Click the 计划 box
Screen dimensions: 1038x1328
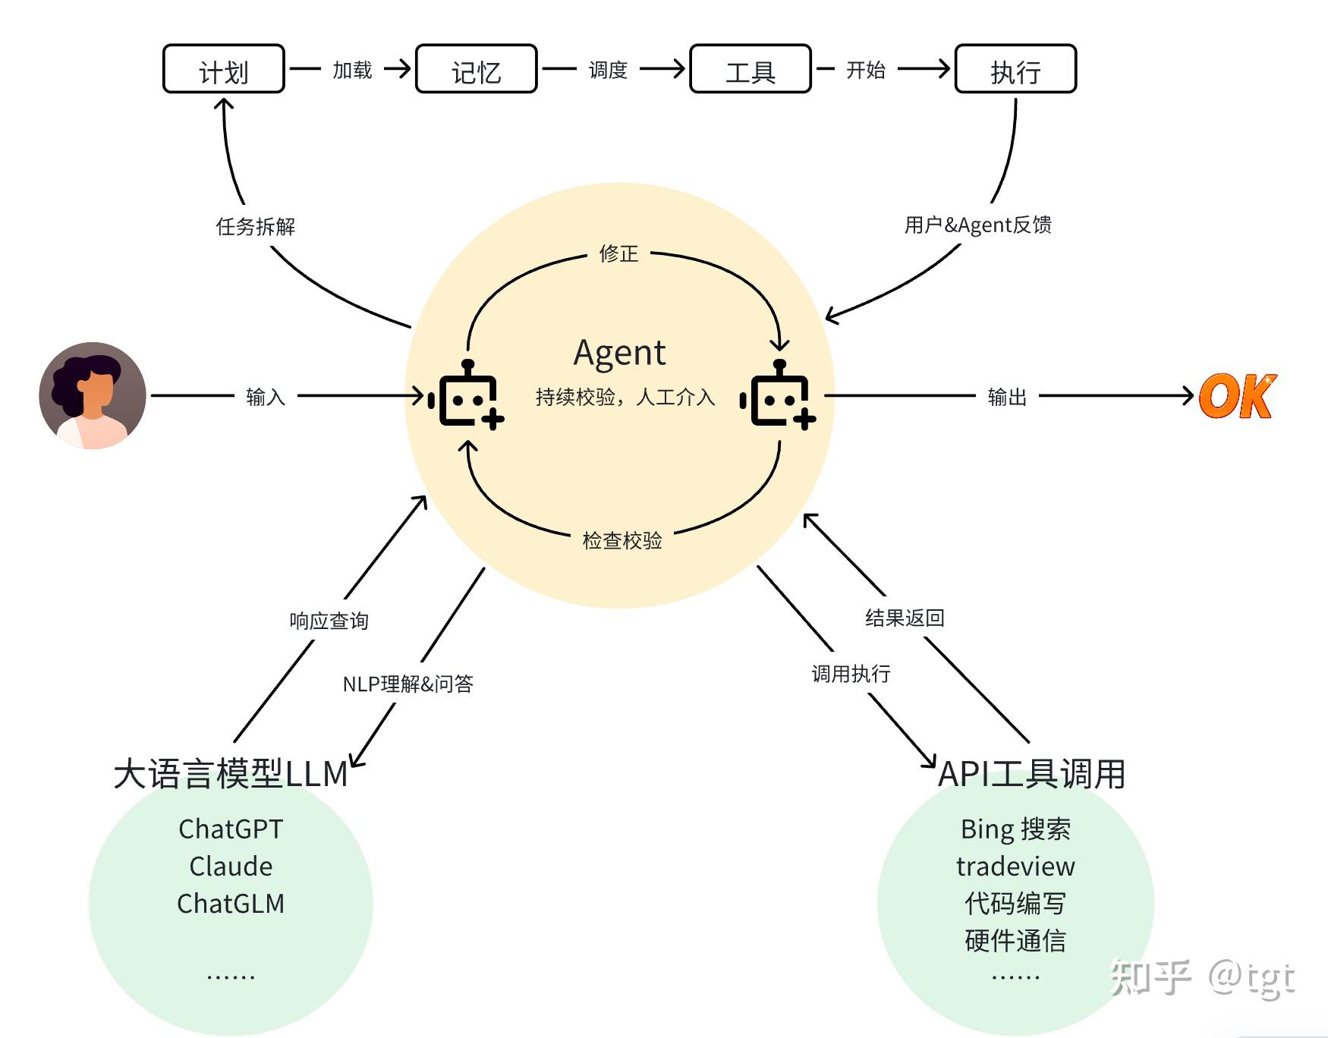[223, 70]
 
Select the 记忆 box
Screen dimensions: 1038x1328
[476, 70]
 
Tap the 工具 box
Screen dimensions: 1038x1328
[750, 70]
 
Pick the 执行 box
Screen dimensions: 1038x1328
[1015, 70]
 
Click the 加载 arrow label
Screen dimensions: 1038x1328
[352, 70]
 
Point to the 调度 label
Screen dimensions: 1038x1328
[608, 70]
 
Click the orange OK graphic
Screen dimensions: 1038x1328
[1237, 396]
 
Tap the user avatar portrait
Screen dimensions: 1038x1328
[93, 395]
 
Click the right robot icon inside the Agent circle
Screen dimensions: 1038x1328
[779, 396]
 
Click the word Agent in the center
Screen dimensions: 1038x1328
[619, 353]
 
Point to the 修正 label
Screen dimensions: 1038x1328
[618, 253]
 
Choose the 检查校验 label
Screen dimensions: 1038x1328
[622, 540]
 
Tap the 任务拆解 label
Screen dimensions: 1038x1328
[255, 226]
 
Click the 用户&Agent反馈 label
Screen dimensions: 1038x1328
[977, 225]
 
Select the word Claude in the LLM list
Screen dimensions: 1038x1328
[231, 866]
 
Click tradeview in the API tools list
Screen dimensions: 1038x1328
[1015, 866]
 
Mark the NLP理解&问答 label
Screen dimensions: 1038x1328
[408, 684]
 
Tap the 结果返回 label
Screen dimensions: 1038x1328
[905, 618]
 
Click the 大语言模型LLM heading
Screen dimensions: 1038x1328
[231, 774]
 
